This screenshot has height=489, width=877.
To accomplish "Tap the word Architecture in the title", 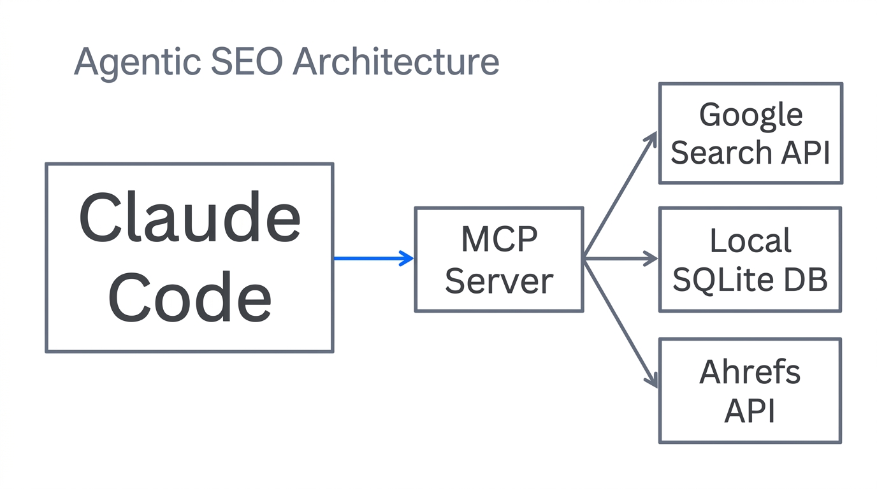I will (396, 62).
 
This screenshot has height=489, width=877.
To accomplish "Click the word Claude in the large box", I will (189, 218).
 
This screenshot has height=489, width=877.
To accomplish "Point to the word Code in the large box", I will (189, 297).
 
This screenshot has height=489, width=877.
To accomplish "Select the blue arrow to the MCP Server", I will (370, 258).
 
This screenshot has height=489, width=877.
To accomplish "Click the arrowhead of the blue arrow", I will (407, 258).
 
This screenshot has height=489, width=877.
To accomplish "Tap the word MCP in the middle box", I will (499, 239).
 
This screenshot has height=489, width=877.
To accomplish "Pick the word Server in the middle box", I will (499, 281).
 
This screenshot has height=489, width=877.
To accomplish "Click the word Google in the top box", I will (751, 116).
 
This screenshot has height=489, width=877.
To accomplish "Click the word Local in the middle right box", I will (751, 241).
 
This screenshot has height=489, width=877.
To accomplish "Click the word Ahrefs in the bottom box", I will (750, 372).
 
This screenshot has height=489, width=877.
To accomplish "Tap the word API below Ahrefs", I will (750, 411).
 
